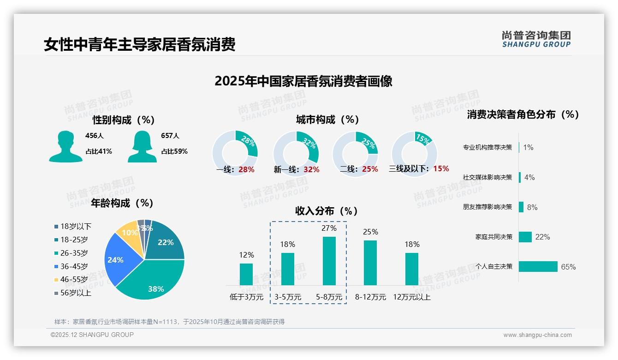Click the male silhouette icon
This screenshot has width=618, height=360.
tap(66, 147)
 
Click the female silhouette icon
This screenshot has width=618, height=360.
tap(142, 147)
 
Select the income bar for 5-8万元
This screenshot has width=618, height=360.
tap(329, 261)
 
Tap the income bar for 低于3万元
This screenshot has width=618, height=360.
tap(246, 274)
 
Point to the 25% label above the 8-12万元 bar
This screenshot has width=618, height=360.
tap(370, 232)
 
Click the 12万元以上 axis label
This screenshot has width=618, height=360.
tap(412, 297)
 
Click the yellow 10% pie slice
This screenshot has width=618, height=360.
tap(128, 234)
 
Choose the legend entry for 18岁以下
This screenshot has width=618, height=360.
tap(73, 227)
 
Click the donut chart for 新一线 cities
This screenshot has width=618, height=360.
tap(296, 153)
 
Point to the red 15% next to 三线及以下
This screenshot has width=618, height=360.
tap(441, 169)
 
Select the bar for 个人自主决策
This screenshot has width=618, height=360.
tap(538, 267)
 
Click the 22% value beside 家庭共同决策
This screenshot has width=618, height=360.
tap(542, 237)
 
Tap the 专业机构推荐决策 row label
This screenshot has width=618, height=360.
tap(487, 148)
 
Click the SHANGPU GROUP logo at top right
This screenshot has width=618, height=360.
tap(536, 39)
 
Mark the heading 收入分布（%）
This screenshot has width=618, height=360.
tap(327, 211)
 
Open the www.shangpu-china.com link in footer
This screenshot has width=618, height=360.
tap(537, 335)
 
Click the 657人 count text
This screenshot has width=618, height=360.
tap(170, 136)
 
